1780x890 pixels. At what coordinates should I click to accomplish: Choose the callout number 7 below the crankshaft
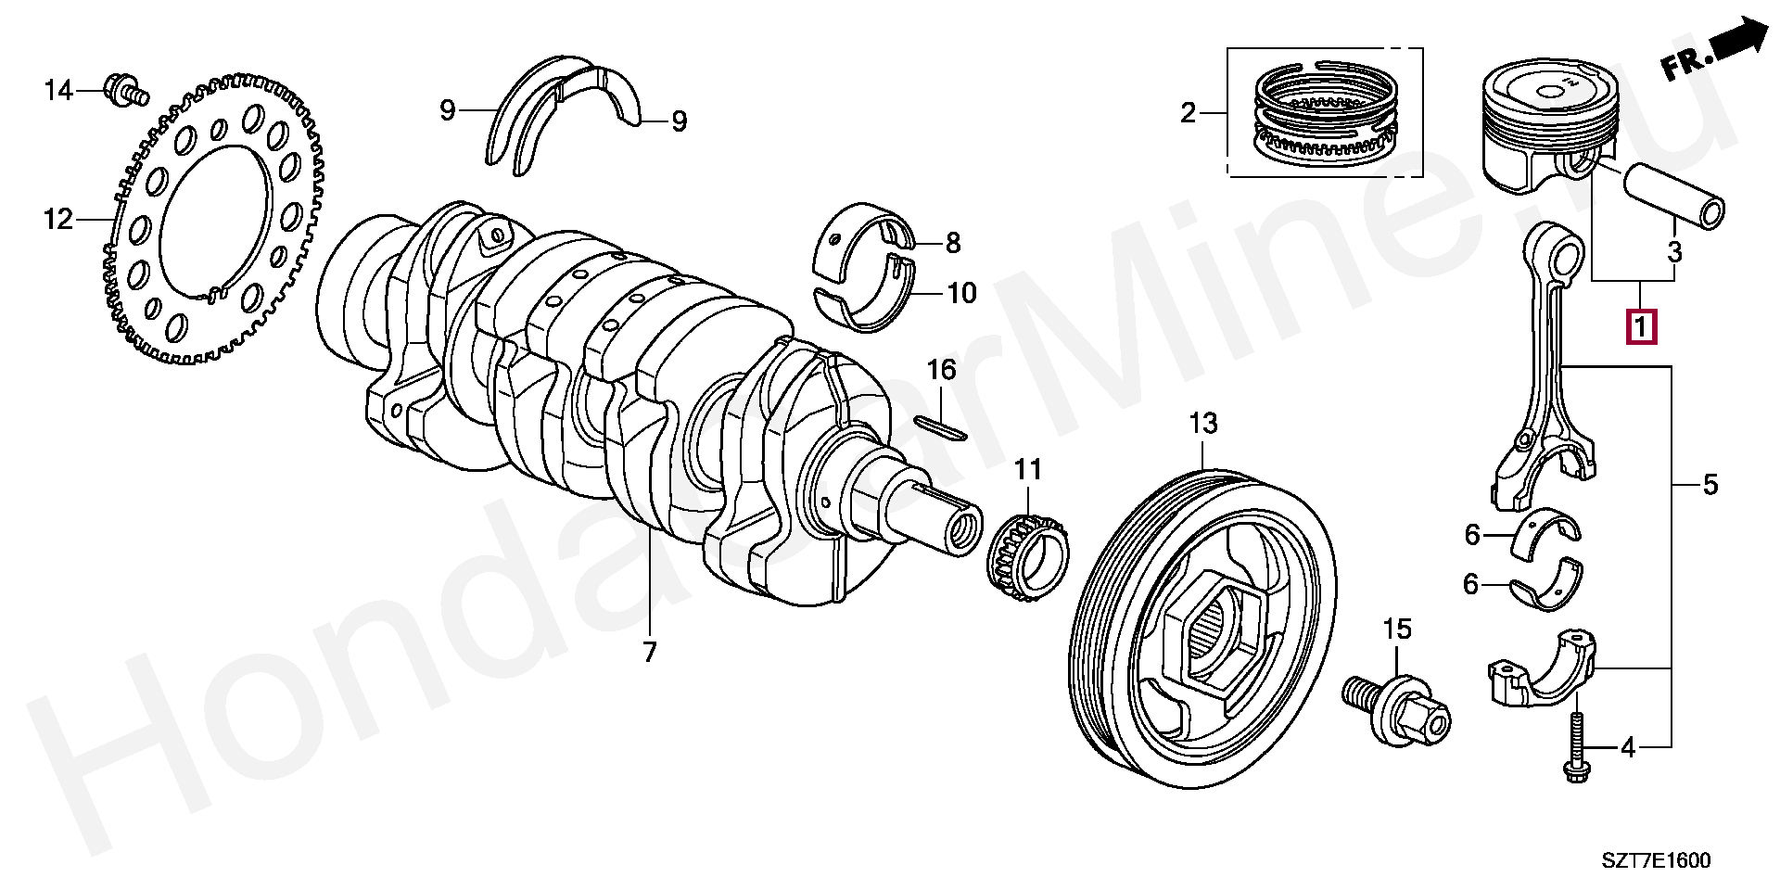[649, 652]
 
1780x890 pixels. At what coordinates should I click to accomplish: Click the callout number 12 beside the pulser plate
[57, 220]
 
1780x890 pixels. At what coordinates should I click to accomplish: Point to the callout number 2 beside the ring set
[1189, 114]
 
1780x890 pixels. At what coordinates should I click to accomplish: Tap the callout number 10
[961, 294]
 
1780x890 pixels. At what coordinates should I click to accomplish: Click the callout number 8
[953, 244]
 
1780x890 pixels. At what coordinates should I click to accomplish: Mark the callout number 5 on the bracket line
[1710, 484]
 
